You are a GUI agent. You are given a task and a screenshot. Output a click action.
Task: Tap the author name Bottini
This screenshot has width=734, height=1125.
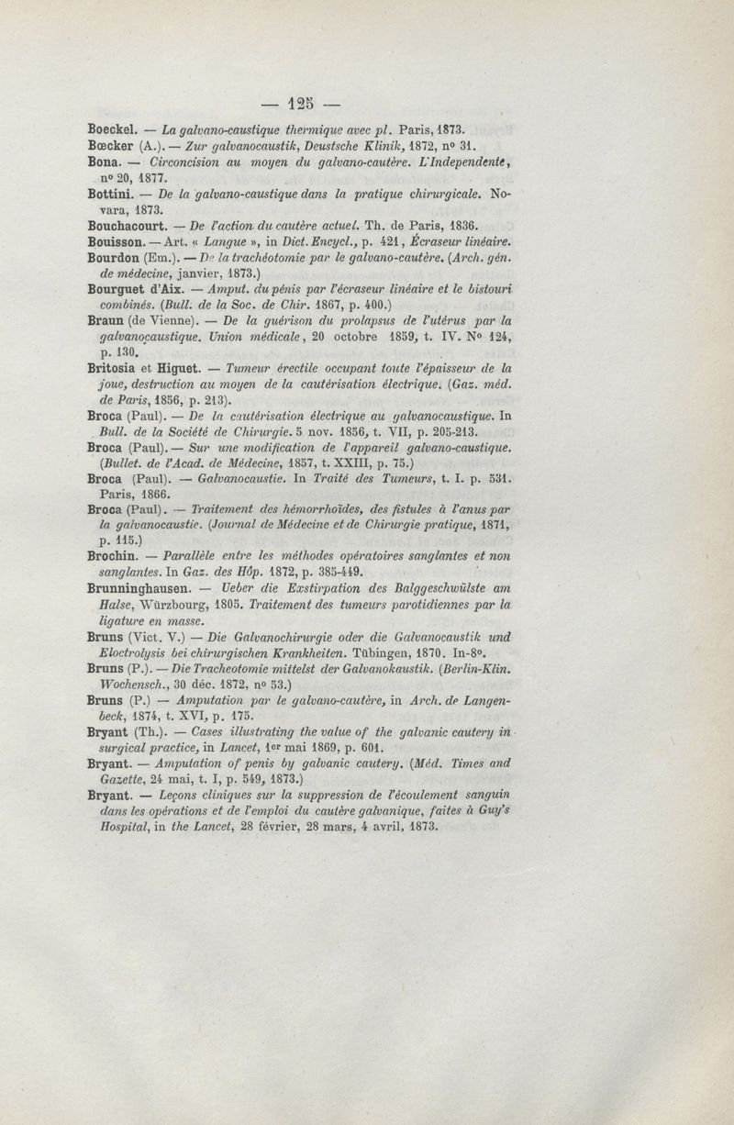click(x=112, y=195)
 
